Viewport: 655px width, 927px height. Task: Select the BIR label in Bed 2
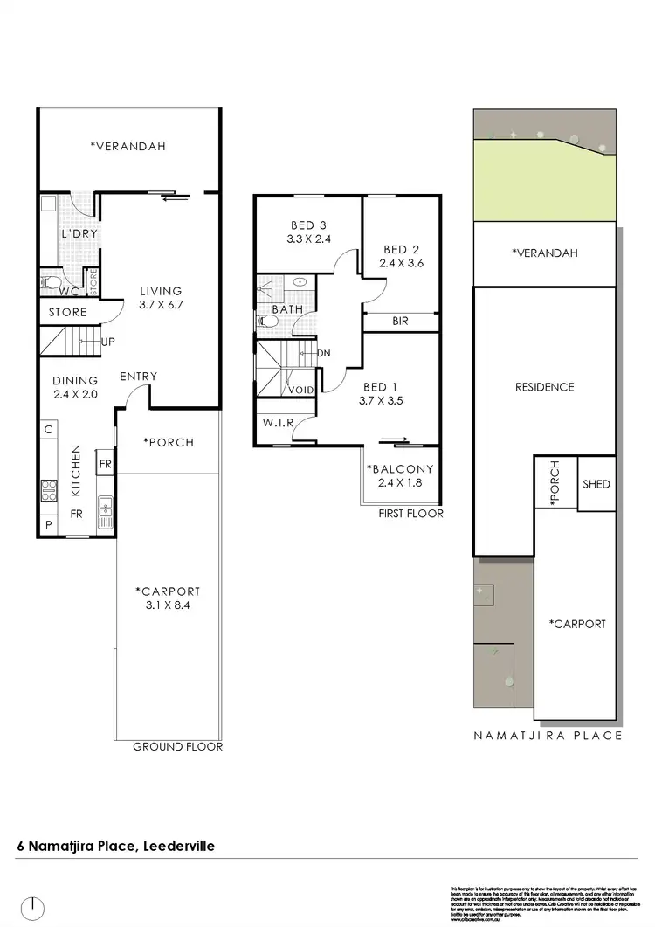400,322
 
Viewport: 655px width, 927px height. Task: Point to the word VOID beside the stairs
301,391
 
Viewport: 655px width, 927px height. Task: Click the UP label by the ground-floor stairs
110,342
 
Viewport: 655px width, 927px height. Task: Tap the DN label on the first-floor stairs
323,354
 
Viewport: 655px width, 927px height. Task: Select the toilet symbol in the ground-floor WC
51,283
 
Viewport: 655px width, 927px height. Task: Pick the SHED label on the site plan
596,484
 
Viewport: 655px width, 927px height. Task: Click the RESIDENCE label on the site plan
544,387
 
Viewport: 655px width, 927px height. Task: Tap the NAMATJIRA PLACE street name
548,735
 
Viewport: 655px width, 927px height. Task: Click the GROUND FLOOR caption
177,747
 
